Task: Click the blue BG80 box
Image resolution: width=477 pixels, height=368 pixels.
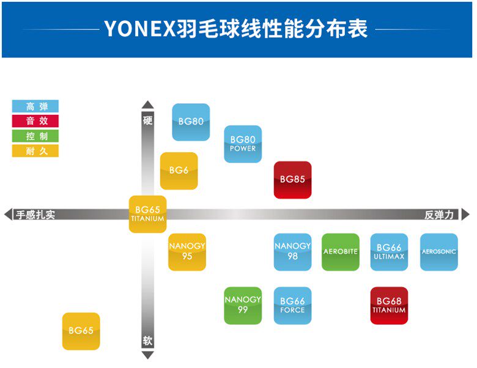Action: (191, 122)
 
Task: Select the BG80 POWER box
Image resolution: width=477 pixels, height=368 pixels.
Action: (243, 144)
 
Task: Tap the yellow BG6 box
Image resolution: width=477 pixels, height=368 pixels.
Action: (179, 171)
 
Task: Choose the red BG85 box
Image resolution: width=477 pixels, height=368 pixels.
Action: (292, 180)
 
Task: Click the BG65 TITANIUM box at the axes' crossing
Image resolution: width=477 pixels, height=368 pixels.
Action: (147, 214)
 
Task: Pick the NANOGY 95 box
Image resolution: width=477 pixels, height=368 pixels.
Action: (187, 251)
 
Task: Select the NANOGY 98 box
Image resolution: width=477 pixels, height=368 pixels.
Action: (292, 251)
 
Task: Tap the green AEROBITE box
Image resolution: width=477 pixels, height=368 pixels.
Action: (341, 251)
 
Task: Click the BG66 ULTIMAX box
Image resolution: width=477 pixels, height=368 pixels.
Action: (389, 251)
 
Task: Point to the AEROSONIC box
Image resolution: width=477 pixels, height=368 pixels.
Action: (438, 251)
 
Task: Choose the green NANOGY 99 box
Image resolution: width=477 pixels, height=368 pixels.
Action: (243, 305)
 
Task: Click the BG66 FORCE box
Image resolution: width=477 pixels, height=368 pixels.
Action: (292, 305)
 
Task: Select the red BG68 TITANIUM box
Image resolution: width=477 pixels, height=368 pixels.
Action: (389, 305)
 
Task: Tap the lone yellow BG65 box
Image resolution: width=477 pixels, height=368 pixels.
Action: (81, 331)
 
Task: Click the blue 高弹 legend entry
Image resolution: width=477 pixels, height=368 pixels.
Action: (35, 106)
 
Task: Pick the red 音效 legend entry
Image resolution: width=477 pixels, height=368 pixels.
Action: (35, 121)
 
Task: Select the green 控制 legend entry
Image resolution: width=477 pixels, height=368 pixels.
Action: (35, 136)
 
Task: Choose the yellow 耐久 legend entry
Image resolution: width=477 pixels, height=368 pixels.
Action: (35, 150)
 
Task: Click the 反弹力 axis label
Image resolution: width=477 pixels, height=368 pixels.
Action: (440, 215)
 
